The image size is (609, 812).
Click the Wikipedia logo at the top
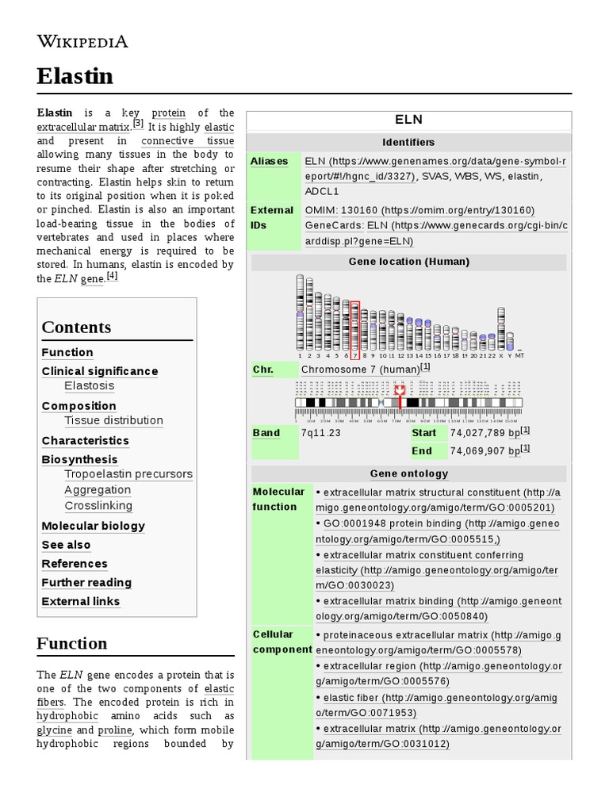82,42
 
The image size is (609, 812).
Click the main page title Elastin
75,76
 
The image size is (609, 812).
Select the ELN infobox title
408,120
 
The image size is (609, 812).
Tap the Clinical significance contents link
100,371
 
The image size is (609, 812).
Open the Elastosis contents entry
89,386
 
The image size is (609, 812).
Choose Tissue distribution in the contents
113,420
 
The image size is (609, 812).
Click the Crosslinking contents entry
98,506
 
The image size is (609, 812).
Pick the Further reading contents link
86,583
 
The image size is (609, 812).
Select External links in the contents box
81,602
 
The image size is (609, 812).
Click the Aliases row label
270,161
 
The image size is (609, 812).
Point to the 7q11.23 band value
321,433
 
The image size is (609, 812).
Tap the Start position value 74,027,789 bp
485,433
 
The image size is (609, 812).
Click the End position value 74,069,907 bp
485,451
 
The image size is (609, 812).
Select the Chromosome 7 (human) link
361,370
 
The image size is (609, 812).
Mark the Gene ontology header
408,473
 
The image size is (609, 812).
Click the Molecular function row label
278,500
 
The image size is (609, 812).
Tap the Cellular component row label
282,642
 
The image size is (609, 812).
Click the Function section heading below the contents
71,643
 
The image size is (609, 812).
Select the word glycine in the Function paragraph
54,730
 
